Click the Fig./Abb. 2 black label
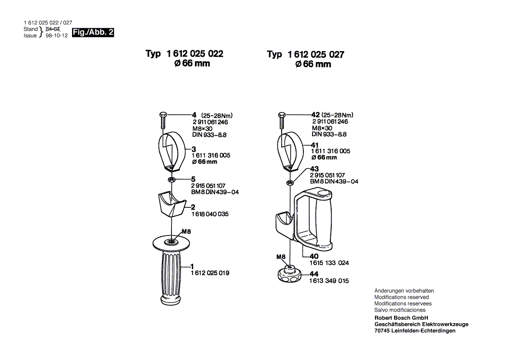(93, 33)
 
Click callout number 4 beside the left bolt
(194, 115)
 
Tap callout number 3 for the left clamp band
(194, 149)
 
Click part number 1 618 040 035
(210, 214)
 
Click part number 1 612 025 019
(210, 273)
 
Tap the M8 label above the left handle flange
(186, 232)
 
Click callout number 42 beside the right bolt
(316, 115)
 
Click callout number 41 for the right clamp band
(315, 145)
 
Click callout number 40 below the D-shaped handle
(313, 256)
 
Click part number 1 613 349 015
(329, 281)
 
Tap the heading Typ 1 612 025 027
(306, 55)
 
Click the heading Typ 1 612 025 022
(184, 54)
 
